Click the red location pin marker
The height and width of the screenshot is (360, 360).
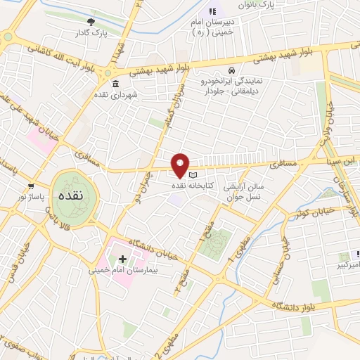coord(181,165)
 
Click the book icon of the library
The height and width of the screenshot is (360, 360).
coord(193,175)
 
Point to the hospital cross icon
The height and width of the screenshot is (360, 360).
coord(123,259)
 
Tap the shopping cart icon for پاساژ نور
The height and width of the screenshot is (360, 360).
coord(30,186)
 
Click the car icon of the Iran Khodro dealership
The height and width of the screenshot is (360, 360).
coord(231,70)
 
